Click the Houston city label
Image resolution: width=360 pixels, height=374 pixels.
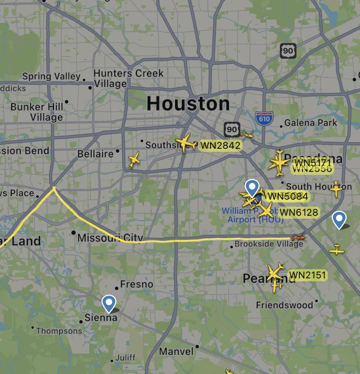188,104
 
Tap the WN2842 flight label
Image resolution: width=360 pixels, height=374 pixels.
220,146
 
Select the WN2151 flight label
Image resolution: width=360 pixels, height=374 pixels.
307,275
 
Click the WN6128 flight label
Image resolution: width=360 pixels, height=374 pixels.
299,212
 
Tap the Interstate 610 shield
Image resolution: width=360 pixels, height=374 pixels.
264,118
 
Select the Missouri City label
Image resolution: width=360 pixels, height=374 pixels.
110,238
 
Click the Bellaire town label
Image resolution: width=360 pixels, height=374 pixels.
95,154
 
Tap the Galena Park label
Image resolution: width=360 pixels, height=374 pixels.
310,123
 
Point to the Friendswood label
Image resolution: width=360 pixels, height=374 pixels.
284,305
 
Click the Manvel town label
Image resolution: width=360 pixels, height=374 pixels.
176,351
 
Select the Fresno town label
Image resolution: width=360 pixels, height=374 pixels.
136,284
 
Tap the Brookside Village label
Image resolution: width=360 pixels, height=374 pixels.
269,244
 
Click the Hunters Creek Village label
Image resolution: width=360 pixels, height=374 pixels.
128,78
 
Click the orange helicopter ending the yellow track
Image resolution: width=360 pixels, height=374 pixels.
298,238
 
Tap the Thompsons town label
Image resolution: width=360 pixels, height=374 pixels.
59,331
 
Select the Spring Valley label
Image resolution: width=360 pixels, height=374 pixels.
51,77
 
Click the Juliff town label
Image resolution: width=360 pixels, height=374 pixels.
125,358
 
